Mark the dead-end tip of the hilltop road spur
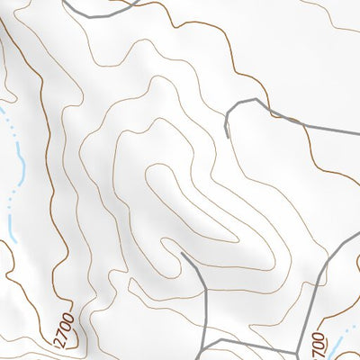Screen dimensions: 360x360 click(x=182, y=254)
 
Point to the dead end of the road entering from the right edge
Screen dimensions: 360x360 click(x=227, y=137)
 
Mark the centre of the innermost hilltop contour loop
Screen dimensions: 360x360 click(x=171, y=207)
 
